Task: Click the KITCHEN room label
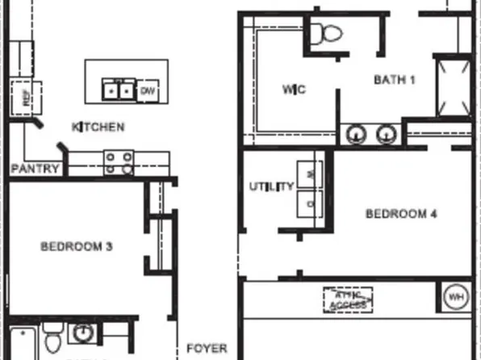tap(98, 127)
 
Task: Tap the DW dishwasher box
tap(148, 91)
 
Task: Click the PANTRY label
tap(35, 169)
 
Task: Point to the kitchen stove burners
tap(119, 164)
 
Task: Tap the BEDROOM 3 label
tap(76, 246)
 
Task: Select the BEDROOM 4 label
tap(401, 214)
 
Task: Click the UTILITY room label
tap(271, 187)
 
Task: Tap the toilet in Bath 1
tap(328, 34)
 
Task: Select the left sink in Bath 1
tap(354, 133)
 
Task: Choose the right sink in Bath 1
tap(387, 133)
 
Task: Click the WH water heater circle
tap(457, 297)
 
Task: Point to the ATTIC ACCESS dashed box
tap(349, 300)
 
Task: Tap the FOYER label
tap(207, 349)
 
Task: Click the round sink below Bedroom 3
tap(82, 332)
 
